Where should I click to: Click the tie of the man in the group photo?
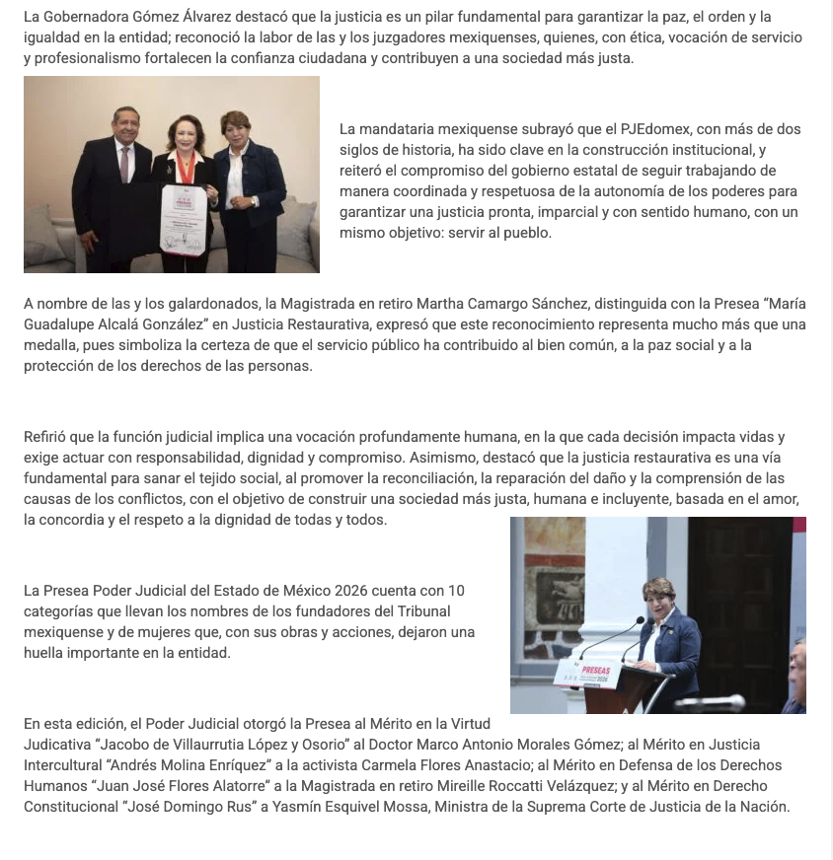pos(125,164)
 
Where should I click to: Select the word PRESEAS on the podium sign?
pos(596,671)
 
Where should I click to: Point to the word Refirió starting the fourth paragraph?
pos(45,437)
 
